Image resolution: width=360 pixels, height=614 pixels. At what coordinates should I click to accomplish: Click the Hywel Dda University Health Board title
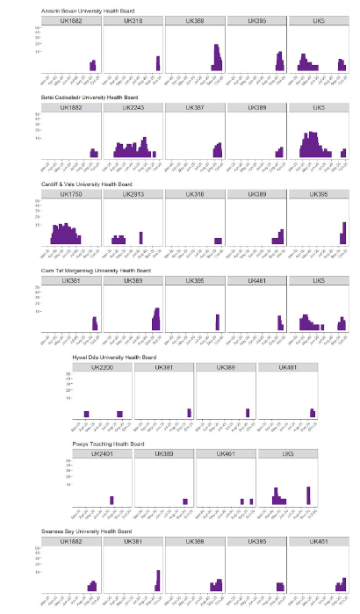pyautogui.click(x=114, y=357)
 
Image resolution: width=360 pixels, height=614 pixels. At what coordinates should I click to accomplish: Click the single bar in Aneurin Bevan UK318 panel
pyautogui.click(x=159, y=63)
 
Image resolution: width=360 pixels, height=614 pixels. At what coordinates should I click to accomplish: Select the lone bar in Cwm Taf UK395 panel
pyautogui.click(x=218, y=322)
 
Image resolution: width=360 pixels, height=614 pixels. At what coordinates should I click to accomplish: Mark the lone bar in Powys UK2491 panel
pyautogui.click(x=112, y=500)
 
